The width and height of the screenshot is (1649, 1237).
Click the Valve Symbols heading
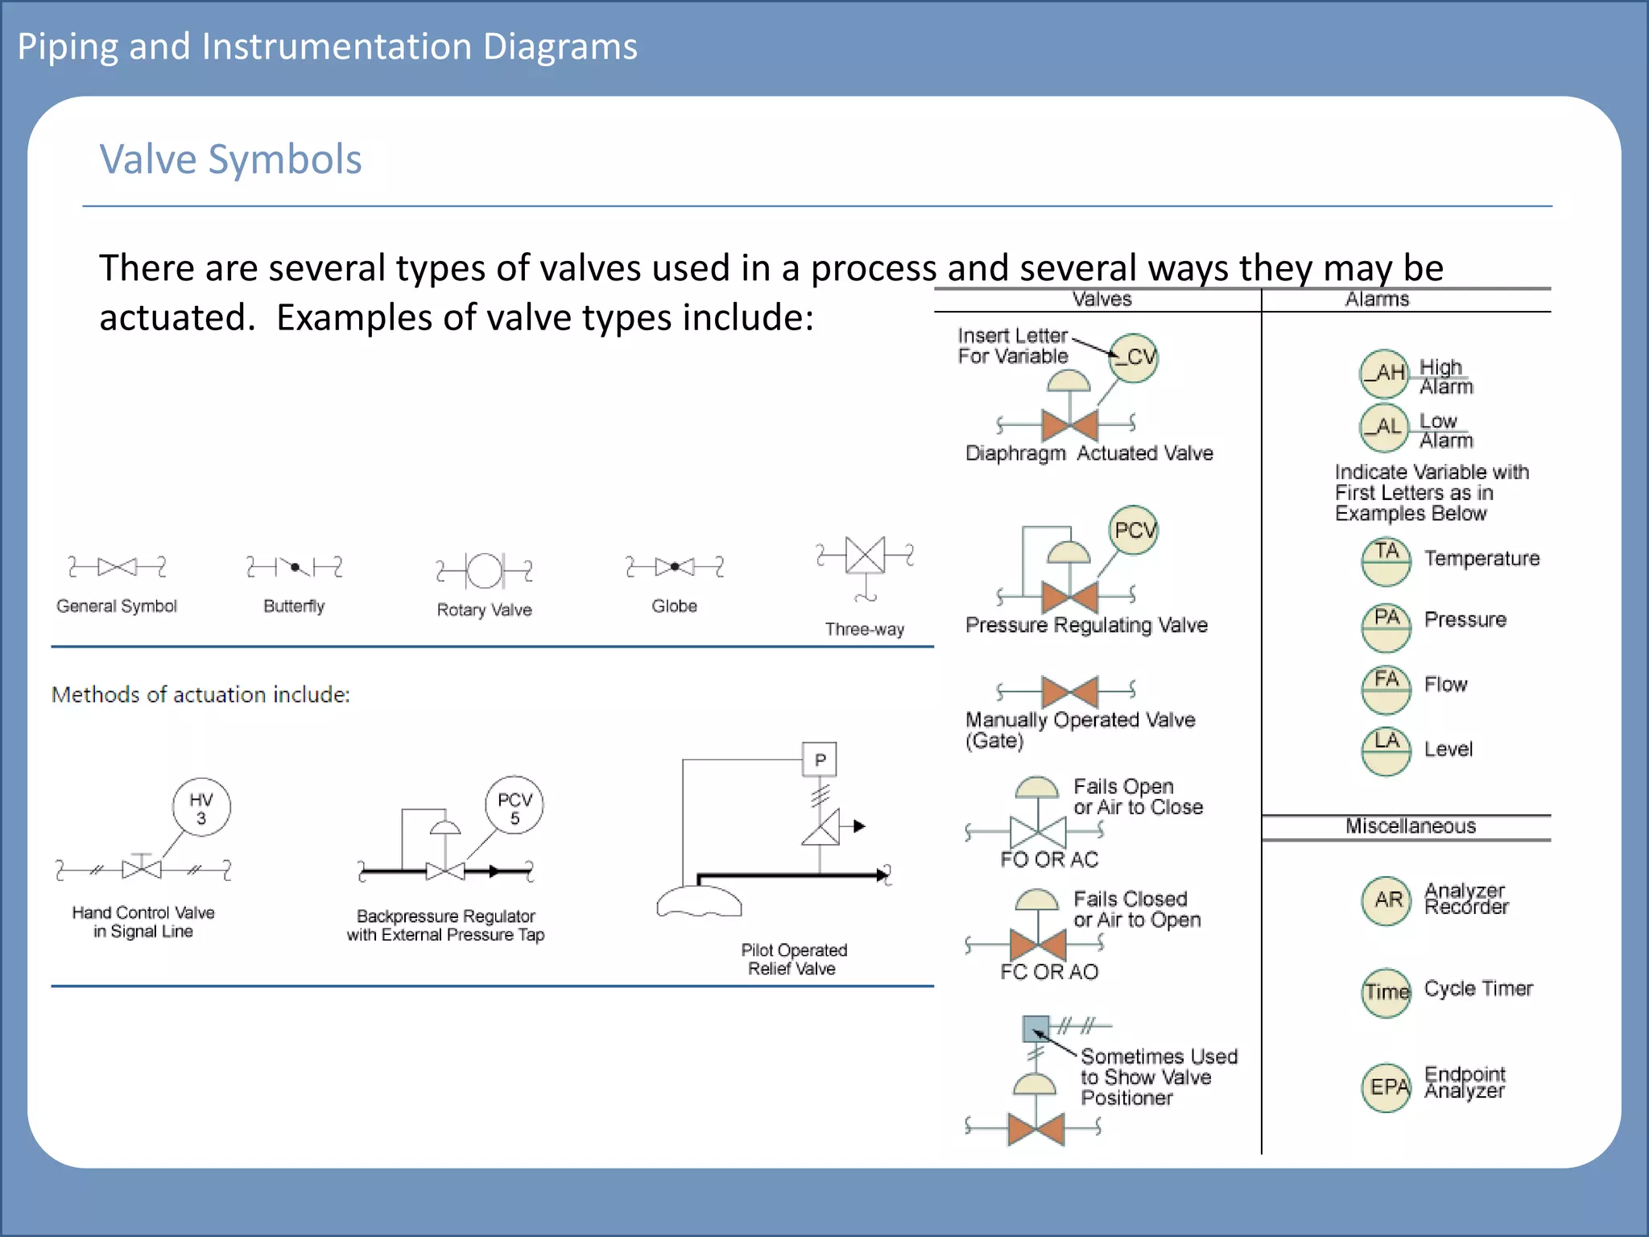pos(230,159)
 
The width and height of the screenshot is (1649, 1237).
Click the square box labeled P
pos(820,759)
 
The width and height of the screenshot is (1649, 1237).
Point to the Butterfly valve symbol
pos(295,567)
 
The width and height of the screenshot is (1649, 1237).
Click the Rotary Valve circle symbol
pos(485,571)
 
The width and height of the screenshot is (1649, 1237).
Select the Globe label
pos(674,606)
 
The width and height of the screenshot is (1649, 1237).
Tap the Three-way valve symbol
pos(866,556)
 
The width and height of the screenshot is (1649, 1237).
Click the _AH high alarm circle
pos(1384,374)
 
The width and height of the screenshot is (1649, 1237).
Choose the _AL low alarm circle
pos(1384,428)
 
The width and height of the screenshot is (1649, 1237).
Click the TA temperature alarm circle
pos(1386,561)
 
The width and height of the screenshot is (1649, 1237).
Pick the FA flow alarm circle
pos(1386,689)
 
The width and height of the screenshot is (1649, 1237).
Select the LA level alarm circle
pos(1386,751)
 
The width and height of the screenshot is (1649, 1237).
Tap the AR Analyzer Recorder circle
pos(1387,900)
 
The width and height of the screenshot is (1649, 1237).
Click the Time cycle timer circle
pos(1387,992)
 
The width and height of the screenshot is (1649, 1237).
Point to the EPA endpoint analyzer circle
pos(1387,1087)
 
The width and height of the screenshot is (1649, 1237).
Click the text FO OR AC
pos(1049,859)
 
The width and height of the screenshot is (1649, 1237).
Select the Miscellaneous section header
pos(1410,826)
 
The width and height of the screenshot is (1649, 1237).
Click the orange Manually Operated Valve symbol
pos(1069,691)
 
